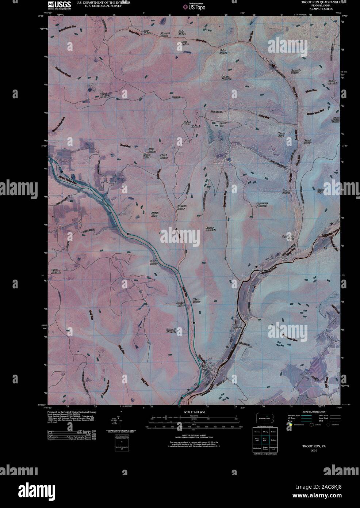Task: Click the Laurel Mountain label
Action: click(x=105, y=95)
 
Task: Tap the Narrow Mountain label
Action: click(x=210, y=229)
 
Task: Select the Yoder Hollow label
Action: click(x=223, y=52)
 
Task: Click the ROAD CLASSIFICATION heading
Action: click(x=311, y=412)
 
